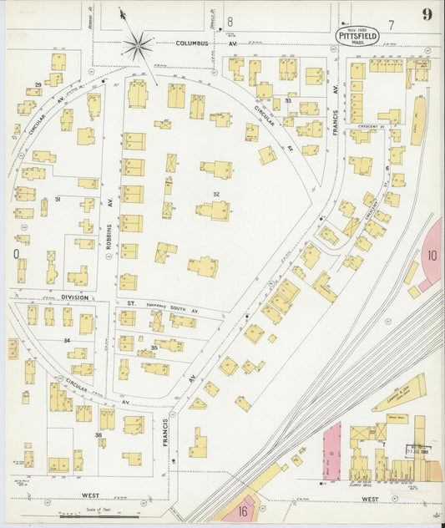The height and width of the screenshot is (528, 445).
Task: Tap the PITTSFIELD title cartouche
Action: pos(357,35)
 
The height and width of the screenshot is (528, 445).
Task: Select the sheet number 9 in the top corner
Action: pos(427,14)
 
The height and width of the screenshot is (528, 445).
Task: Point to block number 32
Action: pos(216,195)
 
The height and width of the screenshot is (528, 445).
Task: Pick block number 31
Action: pos(58,199)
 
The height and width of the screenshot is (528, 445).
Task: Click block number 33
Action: pos(287,100)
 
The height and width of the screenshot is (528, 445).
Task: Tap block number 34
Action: pos(66,341)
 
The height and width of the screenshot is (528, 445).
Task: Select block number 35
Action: pos(154,347)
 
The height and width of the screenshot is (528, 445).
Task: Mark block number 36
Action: pos(98,434)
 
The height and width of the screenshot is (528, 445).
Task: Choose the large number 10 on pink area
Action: pos(432,255)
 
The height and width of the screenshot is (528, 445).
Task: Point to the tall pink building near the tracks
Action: pos(331,452)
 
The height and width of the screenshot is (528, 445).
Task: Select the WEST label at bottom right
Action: pos(370,500)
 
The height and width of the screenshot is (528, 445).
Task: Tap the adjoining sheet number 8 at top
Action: pos(230,20)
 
